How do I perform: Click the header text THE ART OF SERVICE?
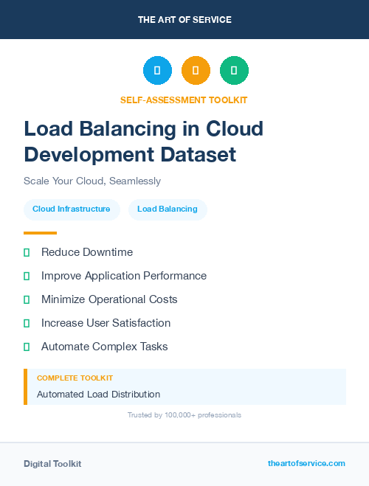pyautogui.click(x=184, y=20)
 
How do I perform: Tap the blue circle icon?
pyautogui.click(x=157, y=70)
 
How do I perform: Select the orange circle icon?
pyautogui.click(x=196, y=70)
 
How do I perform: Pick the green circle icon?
pyautogui.click(x=234, y=70)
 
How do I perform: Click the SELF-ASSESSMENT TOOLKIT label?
pyautogui.click(x=184, y=100)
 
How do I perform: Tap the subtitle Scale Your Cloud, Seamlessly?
pyautogui.click(x=92, y=181)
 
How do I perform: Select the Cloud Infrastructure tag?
pyautogui.click(x=72, y=209)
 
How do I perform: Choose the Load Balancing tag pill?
pyautogui.click(x=168, y=209)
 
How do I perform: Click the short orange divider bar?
pyautogui.click(x=40, y=233)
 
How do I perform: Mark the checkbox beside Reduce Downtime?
pyautogui.click(x=27, y=253)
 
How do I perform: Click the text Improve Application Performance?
pyautogui.click(x=124, y=276)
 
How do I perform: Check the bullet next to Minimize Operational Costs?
pyautogui.click(x=27, y=300)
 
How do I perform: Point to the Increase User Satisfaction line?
pyautogui.click(x=106, y=323)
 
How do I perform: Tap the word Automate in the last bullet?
pyautogui.click(x=65, y=347)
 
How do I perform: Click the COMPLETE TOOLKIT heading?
pyautogui.click(x=75, y=378)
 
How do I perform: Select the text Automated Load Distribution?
pyautogui.click(x=98, y=395)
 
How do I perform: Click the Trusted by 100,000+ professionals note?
pyautogui.click(x=184, y=415)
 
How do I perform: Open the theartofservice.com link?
pyautogui.click(x=306, y=463)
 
